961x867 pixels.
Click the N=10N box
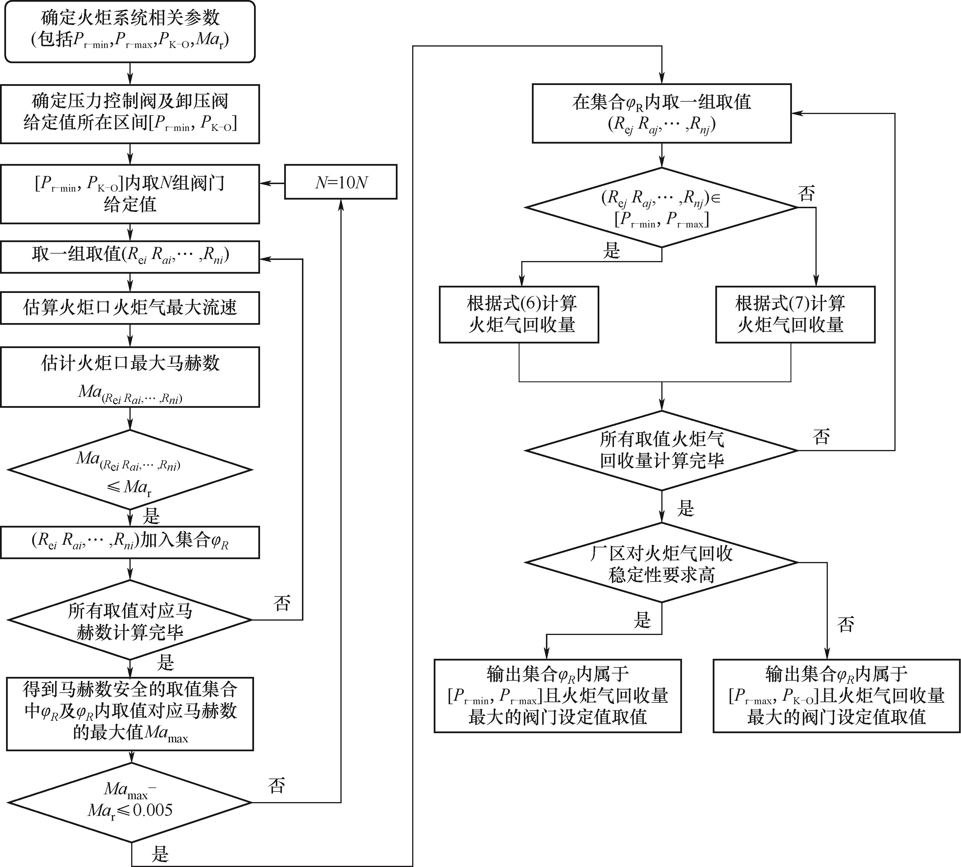(340, 182)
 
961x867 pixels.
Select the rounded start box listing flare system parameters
(129, 31)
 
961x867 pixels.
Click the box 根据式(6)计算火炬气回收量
(519, 314)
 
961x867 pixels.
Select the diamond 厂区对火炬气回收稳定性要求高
(661, 563)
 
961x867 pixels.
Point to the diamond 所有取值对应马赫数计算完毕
(129, 620)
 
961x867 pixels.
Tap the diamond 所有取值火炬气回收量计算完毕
(661, 450)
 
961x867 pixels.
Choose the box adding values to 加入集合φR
(129, 542)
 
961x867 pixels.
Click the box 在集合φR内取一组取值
(661, 113)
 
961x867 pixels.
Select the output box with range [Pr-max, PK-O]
(836, 696)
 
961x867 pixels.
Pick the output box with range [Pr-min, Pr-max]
(557, 696)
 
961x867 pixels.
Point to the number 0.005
(152, 810)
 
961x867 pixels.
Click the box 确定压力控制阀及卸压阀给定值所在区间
(129, 114)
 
